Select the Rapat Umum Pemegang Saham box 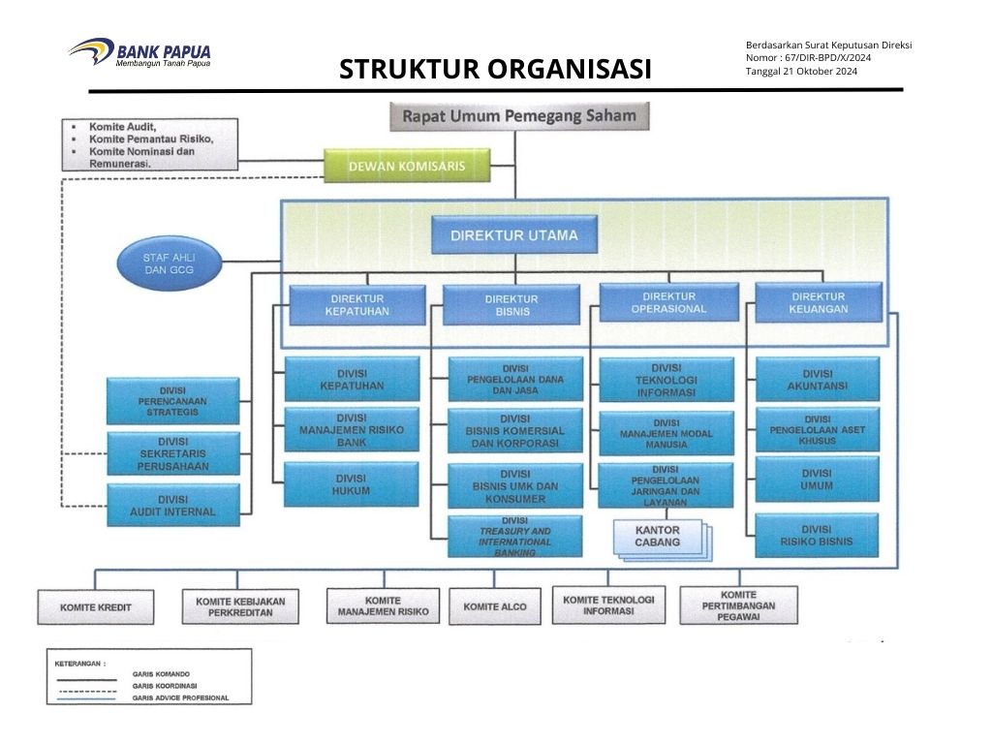[519, 116]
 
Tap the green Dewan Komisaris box [406, 166]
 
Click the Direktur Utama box [514, 235]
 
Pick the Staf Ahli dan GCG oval [170, 264]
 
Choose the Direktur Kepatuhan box [357, 304]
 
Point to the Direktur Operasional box [668, 302]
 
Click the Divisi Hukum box [351, 484]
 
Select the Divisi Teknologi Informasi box [666, 381]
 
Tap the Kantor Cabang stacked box [659, 538]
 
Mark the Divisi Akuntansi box [817, 380]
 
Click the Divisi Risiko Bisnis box [817, 536]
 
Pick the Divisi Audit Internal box [173, 506]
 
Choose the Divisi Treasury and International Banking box [514, 537]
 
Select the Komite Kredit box [96, 607]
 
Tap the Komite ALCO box [495, 607]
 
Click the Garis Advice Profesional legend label [181, 697]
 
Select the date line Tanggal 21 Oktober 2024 [801, 72]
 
